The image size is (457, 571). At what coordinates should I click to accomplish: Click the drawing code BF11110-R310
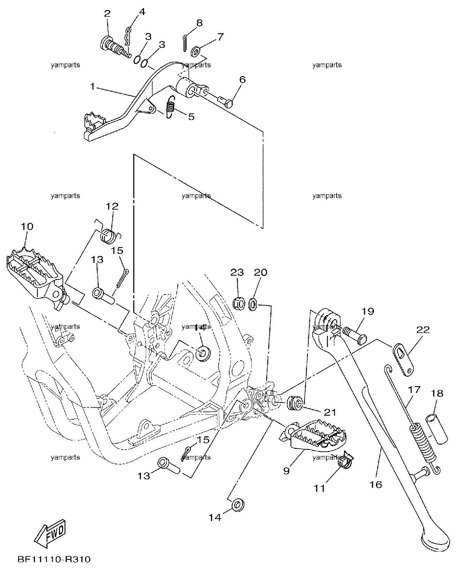(54, 559)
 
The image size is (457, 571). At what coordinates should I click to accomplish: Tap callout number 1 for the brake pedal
(92, 86)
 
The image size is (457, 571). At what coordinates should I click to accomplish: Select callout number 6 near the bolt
(242, 79)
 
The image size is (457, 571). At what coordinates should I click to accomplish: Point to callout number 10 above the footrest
(27, 226)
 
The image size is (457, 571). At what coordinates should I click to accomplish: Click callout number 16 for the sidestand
(375, 485)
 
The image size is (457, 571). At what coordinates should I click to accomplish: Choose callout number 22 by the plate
(423, 330)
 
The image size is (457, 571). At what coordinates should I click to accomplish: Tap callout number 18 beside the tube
(437, 393)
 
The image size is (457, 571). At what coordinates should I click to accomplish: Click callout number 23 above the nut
(237, 272)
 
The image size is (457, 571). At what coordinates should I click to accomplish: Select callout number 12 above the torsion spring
(112, 206)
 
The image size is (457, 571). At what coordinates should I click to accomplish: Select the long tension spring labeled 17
(418, 426)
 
